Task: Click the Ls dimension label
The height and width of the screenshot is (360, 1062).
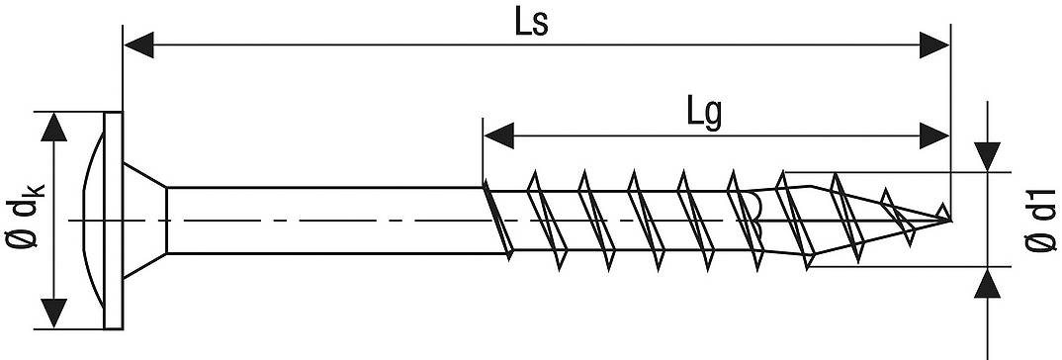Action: (x=531, y=23)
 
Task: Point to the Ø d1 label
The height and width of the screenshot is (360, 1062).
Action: (x=1037, y=220)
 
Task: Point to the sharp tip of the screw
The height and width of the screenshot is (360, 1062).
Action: (x=949, y=217)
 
